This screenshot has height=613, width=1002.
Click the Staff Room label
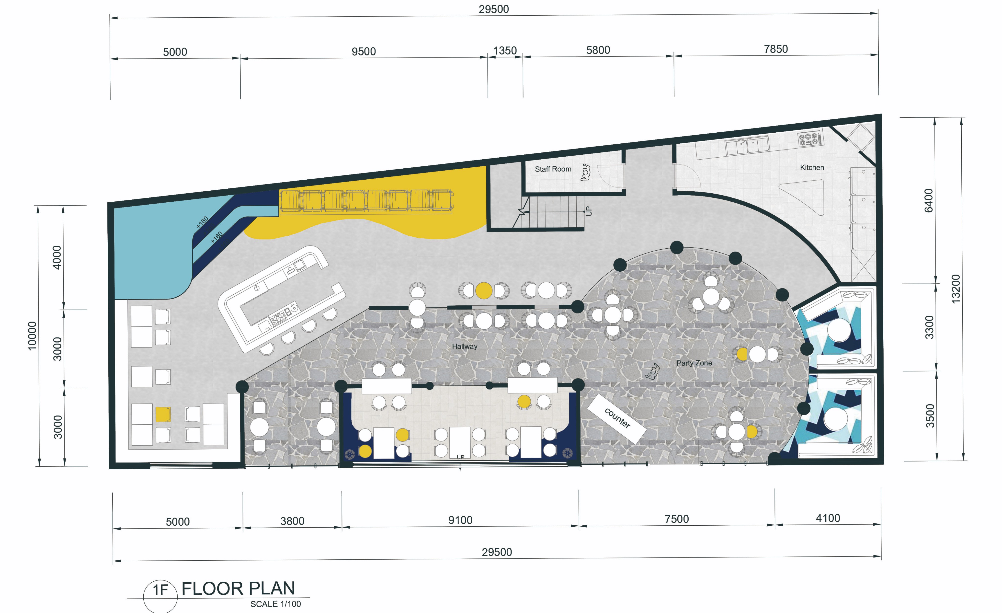553,169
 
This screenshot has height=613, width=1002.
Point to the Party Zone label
694,363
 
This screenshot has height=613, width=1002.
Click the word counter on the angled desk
617,418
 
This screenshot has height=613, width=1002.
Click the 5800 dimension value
598,50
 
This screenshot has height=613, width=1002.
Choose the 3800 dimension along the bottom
292,521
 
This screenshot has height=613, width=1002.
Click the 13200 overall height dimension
956,289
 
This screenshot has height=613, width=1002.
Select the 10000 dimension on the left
32,335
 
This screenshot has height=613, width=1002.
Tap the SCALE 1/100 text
276,604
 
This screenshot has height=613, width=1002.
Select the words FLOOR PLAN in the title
238,589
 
